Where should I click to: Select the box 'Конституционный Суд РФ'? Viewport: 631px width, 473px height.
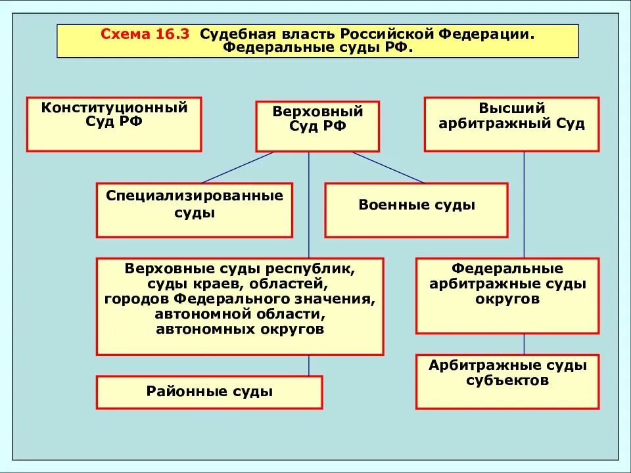[114, 124]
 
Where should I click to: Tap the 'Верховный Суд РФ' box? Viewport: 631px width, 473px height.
[317, 127]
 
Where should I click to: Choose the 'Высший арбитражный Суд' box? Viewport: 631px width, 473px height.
[511, 124]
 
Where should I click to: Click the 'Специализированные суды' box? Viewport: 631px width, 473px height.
[194, 210]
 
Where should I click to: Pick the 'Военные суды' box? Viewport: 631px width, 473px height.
[416, 210]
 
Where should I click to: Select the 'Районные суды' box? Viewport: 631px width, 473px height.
[209, 392]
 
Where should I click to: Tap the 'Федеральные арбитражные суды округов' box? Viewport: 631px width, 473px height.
[507, 295]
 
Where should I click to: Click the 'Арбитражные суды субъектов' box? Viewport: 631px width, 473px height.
[507, 382]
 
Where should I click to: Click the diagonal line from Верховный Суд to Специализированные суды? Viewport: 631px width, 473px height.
[237, 167]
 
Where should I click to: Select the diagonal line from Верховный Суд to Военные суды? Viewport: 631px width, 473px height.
[388, 167]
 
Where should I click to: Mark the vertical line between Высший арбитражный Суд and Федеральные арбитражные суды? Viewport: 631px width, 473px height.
[524, 204]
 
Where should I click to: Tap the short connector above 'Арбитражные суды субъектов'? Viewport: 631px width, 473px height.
[524, 344]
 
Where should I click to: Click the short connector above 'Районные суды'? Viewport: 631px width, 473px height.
[309, 365]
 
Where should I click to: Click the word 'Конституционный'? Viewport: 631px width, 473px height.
[114, 108]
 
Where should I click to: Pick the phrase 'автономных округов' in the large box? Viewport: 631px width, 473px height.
[240, 329]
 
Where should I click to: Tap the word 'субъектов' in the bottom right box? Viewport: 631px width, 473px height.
[507, 380]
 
